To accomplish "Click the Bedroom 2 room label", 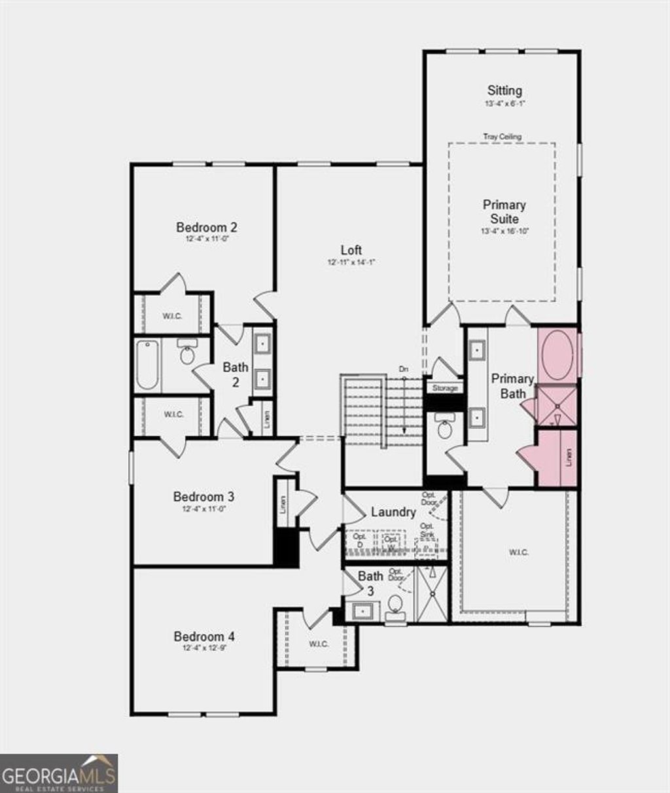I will [x=206, y=228].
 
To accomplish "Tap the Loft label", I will [x=351, y=250].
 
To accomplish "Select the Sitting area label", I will [x=504, y=90].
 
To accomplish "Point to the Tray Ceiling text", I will [x=502, y=137].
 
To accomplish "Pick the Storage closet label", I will [x=445, y=389].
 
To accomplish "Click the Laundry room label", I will [x=393, y=512].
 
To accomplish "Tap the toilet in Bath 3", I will [x=395, y=606].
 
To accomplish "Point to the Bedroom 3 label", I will [x=203, y=497].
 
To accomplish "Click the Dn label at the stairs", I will [x=404, y=370].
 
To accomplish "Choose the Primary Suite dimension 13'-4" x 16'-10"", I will [x=504, y=231].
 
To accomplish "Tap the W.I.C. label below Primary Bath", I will [x=518, y=552].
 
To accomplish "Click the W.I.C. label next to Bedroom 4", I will [x=318, y=644].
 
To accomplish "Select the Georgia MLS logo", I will [x=59, y=773].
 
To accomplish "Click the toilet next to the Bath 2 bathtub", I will [x=188, y=354].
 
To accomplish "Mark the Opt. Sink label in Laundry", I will [x=427, y=530].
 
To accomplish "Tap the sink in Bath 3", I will [x=362, y=611].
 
